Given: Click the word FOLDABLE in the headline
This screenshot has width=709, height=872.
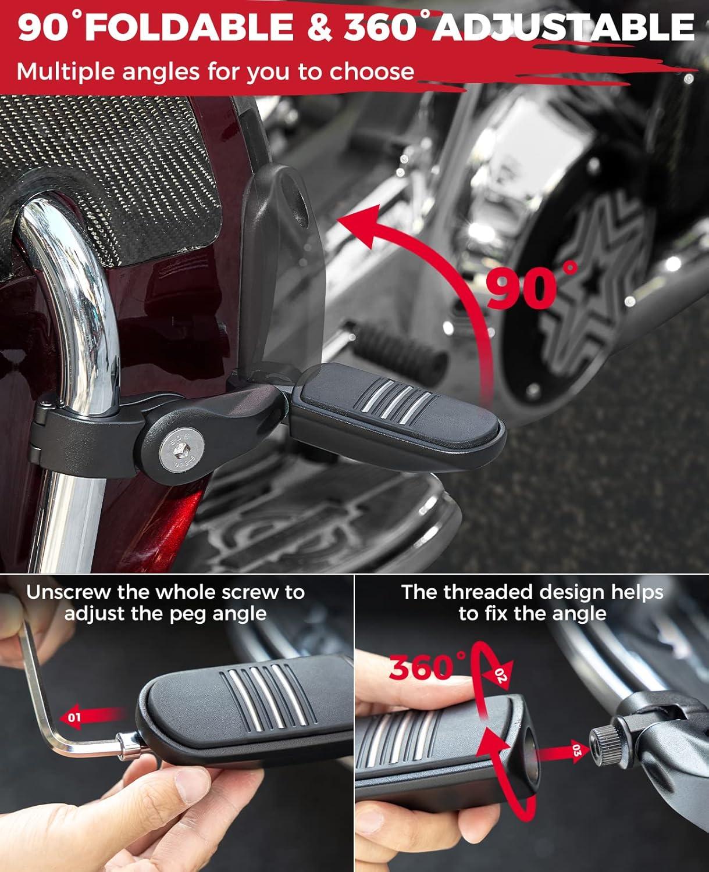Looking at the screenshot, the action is tap(189, 28).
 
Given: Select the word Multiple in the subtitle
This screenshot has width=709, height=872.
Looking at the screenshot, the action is tap(66, 72).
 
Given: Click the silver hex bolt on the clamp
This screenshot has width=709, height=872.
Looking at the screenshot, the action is tap(182, 451).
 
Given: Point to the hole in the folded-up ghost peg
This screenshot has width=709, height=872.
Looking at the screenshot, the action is tap(298, 201).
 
